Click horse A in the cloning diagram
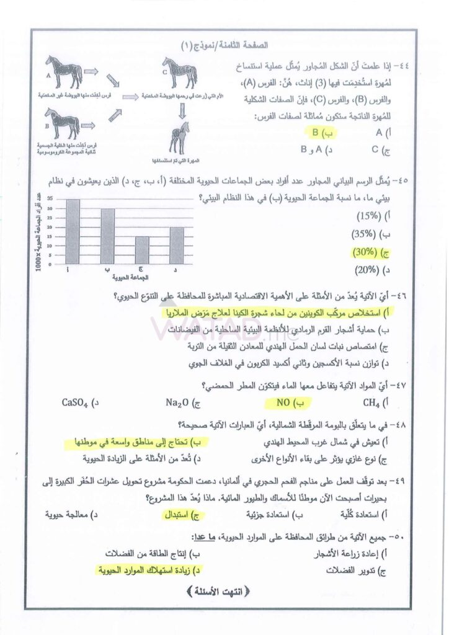pyautogui.click(x=64, y=72)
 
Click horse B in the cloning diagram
pyautogui.click(x=63, y=122)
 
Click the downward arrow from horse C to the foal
pyautogui.click(x=181, y=110)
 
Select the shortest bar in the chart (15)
pyautogui.click(x=142, y=249)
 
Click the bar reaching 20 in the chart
pyautogui.click(x=177, y=245)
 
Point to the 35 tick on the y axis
pyautogui.click(x=50, y=200)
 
